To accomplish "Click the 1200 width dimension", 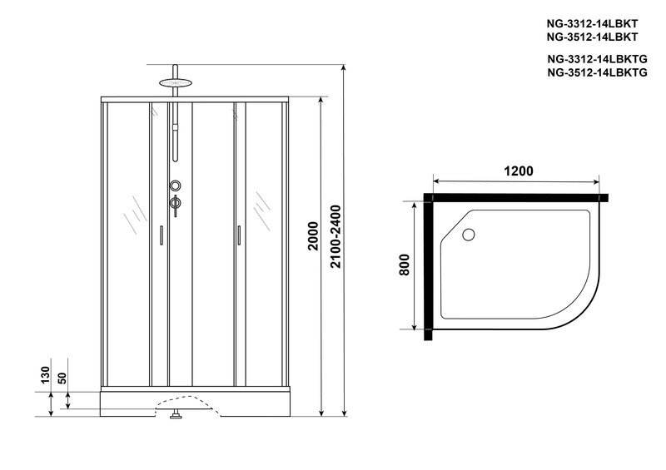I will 516,171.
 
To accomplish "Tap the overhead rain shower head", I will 174,83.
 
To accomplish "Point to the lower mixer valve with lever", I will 175,203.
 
